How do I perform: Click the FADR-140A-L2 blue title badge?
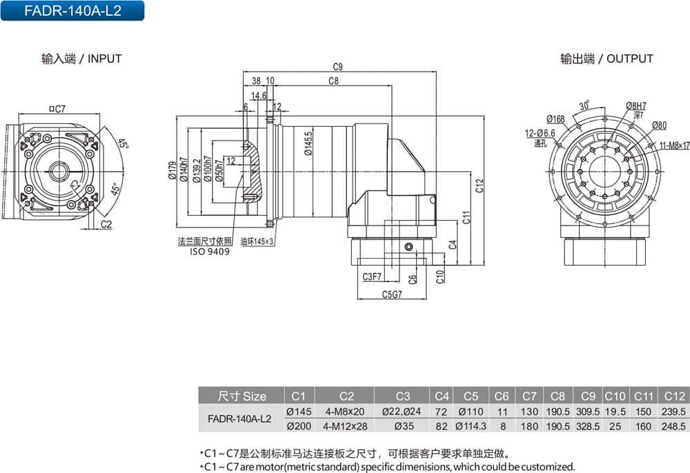click(72, 10)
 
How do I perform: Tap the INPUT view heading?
click(81, 59)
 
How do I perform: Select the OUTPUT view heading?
click(607, 59)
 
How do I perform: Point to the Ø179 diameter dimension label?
click(172, 170)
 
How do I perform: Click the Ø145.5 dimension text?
click(308, 144)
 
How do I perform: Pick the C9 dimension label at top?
click(337, 67)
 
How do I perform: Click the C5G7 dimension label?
click(391, 294)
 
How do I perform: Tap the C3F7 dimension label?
click(372, 276)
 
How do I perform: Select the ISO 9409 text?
click(210, 252)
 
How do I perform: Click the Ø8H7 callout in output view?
click(635, 105)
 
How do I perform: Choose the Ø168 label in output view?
click(555, 119)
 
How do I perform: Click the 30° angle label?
click(584, 106)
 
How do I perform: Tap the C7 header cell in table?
click(529, 396)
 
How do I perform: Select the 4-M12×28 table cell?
click(345, 425)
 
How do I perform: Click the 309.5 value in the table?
click(588, 411)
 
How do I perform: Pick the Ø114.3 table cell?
click(472, 425)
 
